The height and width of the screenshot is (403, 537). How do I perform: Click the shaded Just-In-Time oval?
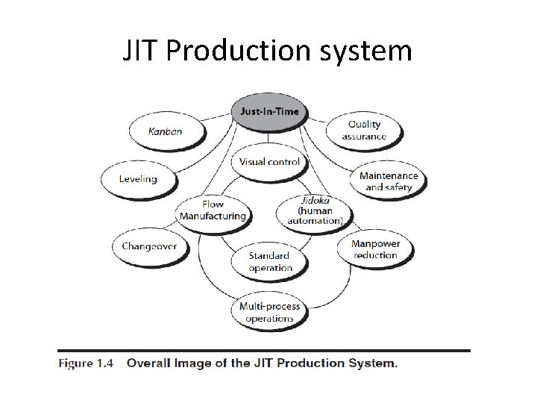pyautogui.click(x=268, y=112)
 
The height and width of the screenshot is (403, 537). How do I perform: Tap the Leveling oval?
pyautogui.click(x=138, y=178)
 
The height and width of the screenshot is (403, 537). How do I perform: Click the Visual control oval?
pyautogui.click(x=269, y=161)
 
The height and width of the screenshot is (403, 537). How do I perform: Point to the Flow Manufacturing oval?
pyautogui.click(x=213, y=210)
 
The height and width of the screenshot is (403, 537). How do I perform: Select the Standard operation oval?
pyautogui.click(x=270, y=261)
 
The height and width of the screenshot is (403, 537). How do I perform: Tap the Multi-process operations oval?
pyautogui.click(x=269, y=312)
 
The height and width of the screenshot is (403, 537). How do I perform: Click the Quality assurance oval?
pyautogui.click(x=364, y=130)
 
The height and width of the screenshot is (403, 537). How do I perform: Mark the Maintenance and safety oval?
pyautogui.click(x=389, y=181)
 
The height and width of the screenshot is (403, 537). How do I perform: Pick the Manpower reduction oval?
pyautogui.click(x=375, y=249)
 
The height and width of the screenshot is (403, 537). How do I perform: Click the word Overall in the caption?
pyautogui.click(x=151, y=363)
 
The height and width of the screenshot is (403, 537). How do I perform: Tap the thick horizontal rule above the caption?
pyautogui.click(x=264, y=350)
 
